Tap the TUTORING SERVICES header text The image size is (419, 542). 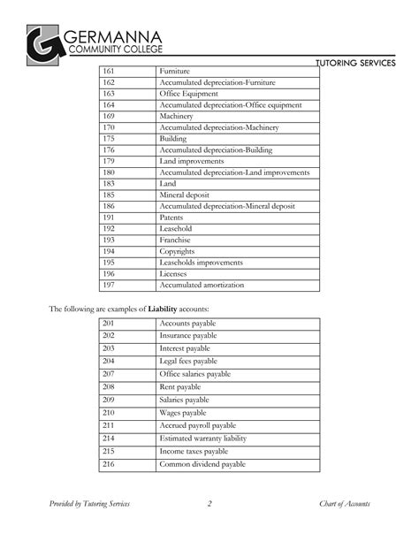366,64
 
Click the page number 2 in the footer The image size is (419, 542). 209,504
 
